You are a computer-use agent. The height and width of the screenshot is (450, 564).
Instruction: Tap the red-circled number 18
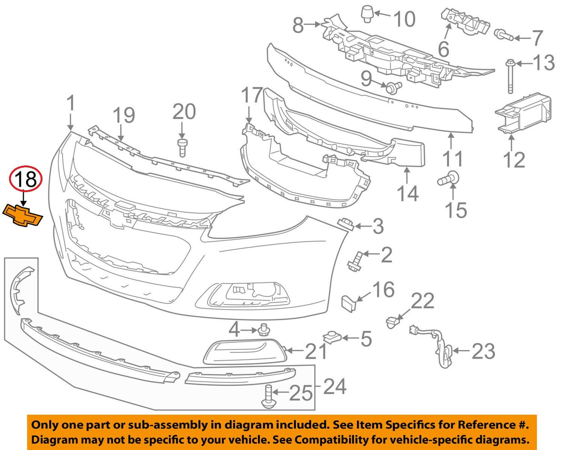pyautogui.click(x=26, y=179)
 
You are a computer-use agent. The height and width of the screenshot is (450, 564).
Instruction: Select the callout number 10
pyautogui.click(x=405, y=19)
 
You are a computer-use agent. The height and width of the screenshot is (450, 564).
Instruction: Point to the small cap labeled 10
pyautogui.click(x=367, y=15)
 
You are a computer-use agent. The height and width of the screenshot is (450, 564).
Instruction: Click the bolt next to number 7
pyautogui.click(x=504, y=35)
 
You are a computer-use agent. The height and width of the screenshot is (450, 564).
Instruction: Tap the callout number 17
pyautogui.click(x=251, y=95)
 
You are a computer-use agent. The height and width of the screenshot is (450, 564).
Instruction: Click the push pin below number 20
pyautogui.click(x=182, y=148)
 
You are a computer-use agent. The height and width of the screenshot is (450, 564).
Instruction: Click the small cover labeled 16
pyautogui.click(x=348, y=303)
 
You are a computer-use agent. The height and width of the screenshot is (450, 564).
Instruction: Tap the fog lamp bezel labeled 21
pyautogui.click(x=245, y=352)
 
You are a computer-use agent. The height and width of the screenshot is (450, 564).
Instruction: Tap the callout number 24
pyautogui.click(x=335, y=386)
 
